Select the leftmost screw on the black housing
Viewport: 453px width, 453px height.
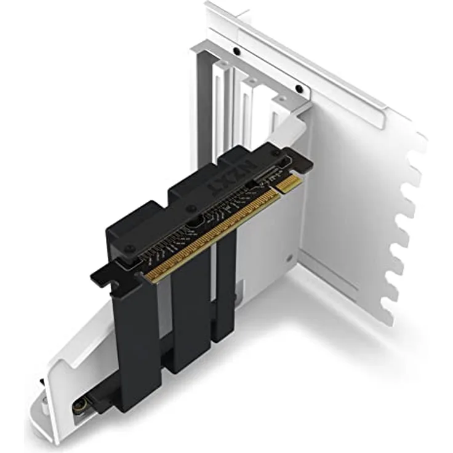pyautogui.click(x=129, y=249)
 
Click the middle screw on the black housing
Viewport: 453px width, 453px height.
pyautogui.click(x=192, y=209)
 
